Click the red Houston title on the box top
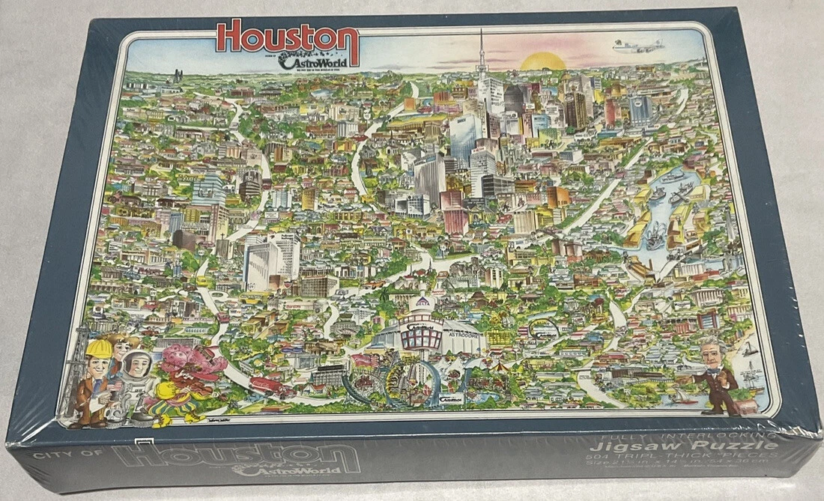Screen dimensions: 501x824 (x=288, y=37)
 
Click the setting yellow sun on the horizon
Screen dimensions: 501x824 (x=542, y=61)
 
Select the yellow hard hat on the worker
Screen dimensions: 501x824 (x=99, y=349)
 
